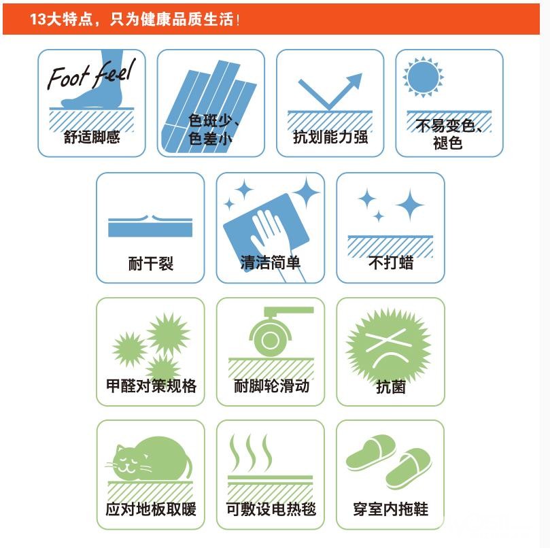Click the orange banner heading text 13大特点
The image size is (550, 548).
(61, 19)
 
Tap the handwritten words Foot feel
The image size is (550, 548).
(91, 74)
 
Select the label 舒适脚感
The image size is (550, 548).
(92, 137)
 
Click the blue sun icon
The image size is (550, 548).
(423, 77)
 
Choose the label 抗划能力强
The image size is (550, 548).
(330, 137)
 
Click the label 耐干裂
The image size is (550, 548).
(151, 263)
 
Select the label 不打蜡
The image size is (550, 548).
(391, 262)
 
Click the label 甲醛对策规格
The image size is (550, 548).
(151, 386)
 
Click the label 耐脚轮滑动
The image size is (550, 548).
(271, 386)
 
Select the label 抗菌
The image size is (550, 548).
(391, 387)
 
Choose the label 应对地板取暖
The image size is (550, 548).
(151, 509)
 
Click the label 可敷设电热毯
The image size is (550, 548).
(271, 509)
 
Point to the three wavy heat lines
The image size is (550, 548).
(250, 453)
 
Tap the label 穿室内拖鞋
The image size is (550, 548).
(391, 509)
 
